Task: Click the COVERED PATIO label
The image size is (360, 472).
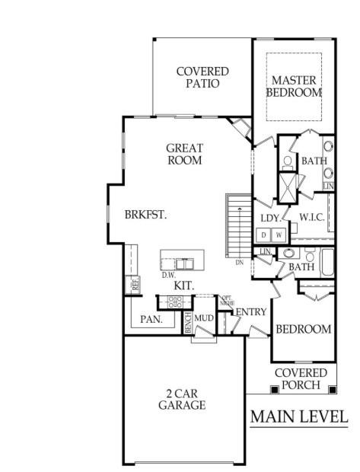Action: (202, 77)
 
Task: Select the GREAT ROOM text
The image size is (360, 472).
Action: (185, 155)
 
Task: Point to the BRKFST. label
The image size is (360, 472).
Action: (145, 215)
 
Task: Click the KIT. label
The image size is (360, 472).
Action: (183, 285)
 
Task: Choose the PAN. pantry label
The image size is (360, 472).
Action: (151, 320)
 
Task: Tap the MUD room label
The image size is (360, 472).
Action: (202, 317)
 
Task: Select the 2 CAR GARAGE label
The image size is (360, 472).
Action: (182, 399)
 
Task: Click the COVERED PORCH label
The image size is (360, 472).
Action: (301, 378)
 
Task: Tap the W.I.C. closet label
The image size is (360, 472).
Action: (313, 217)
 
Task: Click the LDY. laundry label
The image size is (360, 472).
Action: (271, 218)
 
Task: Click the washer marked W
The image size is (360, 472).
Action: (279, 234)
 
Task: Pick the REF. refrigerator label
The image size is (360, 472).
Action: (136, 285)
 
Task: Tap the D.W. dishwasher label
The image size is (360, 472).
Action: (168, 275)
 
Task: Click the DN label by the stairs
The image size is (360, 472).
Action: (239, 263)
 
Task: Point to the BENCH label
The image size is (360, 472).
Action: (188, 322)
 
